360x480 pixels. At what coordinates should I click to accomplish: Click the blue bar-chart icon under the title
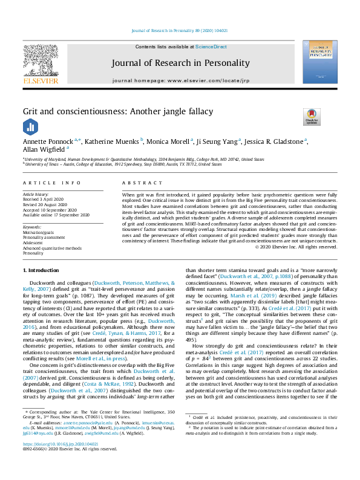pyautogui.click(x=30, y=126)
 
